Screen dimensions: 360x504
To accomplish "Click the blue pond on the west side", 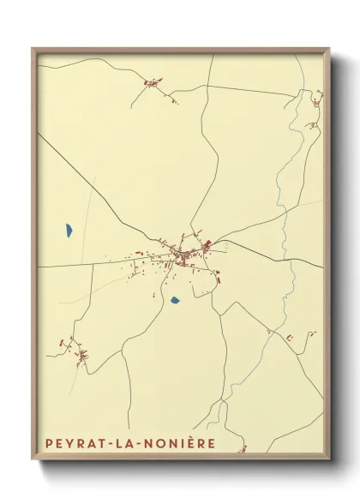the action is click(x=68, y=230).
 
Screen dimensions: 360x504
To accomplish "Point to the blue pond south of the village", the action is click(x=175, y=300).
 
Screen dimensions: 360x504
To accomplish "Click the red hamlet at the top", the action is click(x=153, y=83).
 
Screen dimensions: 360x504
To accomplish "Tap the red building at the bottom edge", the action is click(x=243, y=448).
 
